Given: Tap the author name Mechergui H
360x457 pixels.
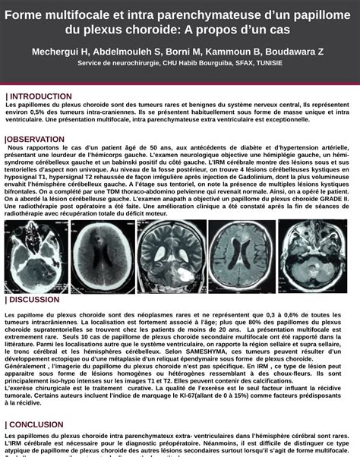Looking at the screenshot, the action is (61, 51).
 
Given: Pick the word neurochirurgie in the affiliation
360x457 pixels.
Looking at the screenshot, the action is (134, 62).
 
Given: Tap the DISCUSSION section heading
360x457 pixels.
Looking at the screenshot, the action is (33, 299).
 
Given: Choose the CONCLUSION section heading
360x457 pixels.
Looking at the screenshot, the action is (36, 424).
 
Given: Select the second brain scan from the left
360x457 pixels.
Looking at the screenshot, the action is (101, 257).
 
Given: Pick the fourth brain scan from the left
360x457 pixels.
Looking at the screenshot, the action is (241, 257).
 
